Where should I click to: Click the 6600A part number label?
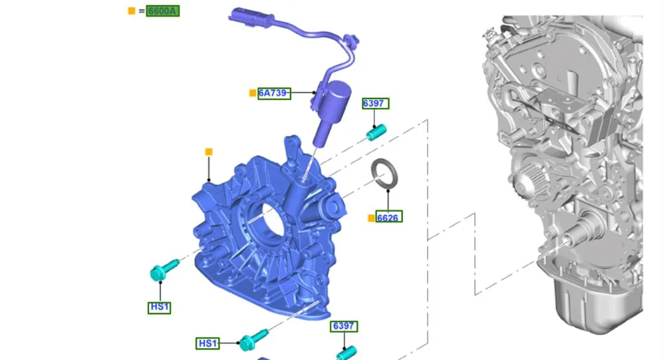tap(163, 11)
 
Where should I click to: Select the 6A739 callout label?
tap(274, 93)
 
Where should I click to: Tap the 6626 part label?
tap(388, 217)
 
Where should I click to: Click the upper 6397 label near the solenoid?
tap(375, 104)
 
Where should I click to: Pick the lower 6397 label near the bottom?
tap(344, 326)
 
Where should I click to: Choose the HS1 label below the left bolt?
tap(159, 307)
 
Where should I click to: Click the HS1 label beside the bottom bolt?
tap(207, 343)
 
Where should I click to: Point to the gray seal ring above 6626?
tap(384, 172)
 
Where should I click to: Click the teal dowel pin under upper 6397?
tap(376, 132)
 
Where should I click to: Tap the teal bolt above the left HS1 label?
tap(164, 270)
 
